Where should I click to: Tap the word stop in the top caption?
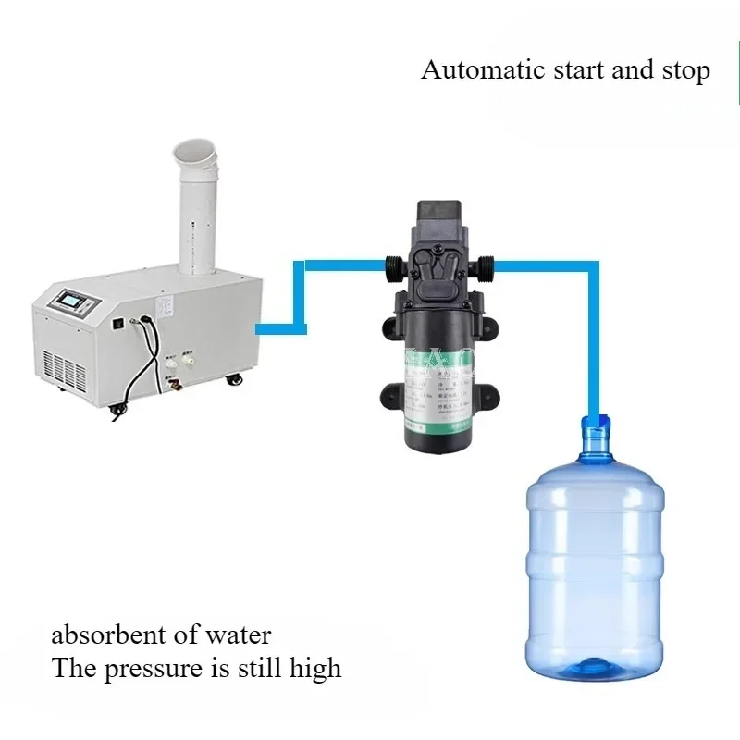pos(686,70)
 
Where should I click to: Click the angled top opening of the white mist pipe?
pos(202,153)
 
